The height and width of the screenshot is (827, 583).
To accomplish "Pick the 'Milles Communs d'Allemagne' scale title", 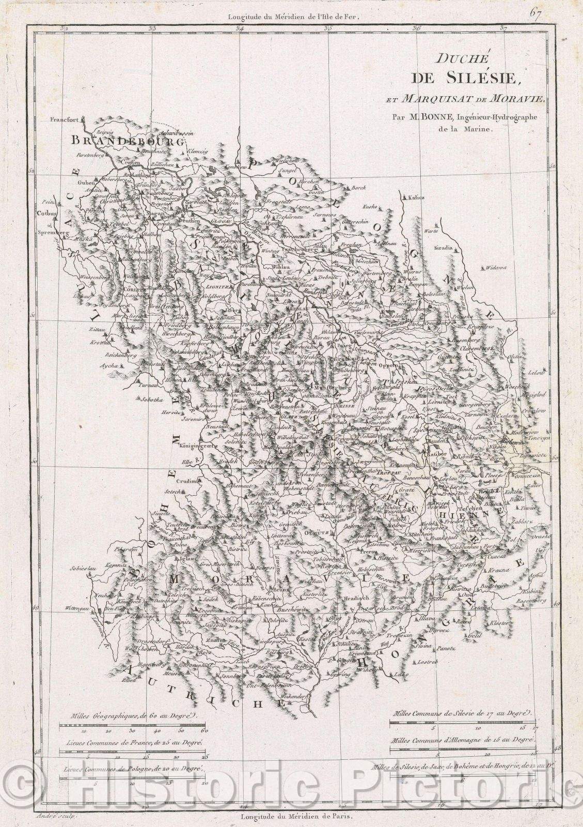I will click(461, 741).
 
